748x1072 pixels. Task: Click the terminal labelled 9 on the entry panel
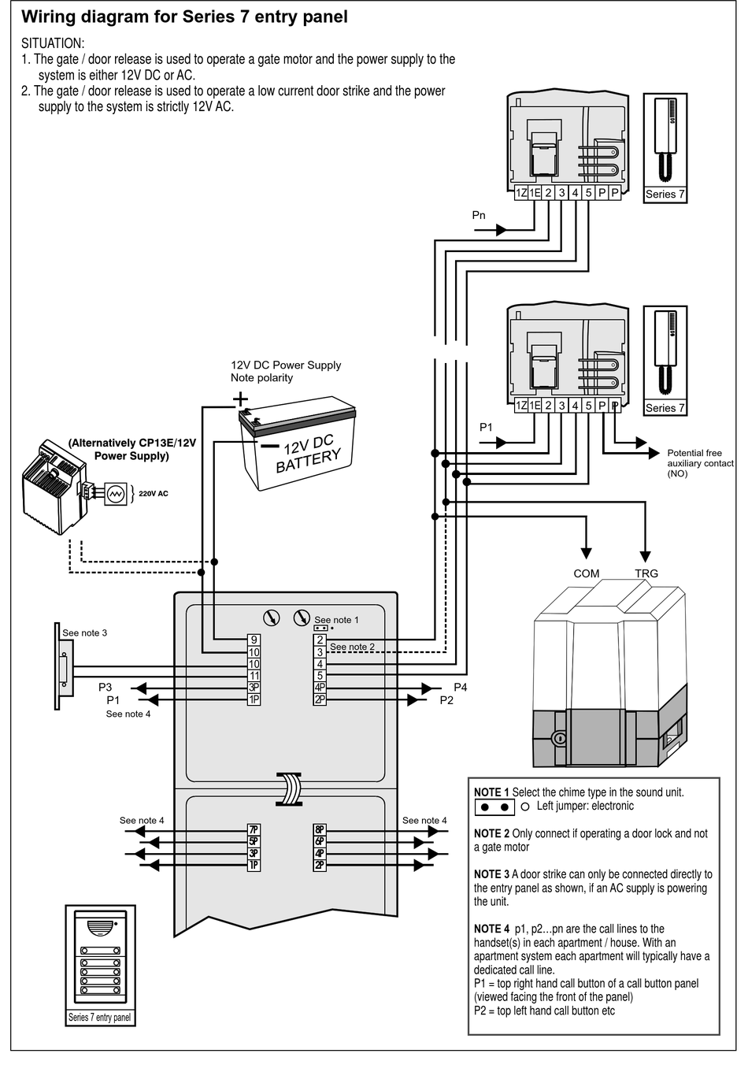click(x=254, y=640)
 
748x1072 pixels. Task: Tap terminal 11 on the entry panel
click(x=254, y=676)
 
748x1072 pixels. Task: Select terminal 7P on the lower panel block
click(x=254, y=829)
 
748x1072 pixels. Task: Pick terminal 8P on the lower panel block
click(x=320, y=829)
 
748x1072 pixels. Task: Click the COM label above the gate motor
click(x=586, y=573)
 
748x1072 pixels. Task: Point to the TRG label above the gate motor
click(x=646, y=573)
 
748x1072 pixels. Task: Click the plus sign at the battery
click(x=240, y=399)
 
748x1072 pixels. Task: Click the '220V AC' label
click(x=154, y=493)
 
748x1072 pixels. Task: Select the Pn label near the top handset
click(x=478, y=215)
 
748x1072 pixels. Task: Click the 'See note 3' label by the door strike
click(x=85, y=632)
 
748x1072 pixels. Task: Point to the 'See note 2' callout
click(x=352, y=647)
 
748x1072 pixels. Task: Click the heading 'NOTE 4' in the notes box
click(x=491, y=929)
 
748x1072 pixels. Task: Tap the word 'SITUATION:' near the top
click(x=53, y=43)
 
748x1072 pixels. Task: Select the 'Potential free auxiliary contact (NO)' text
click(x=700, y=463)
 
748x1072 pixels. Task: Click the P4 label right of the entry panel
click(x=460, y=687)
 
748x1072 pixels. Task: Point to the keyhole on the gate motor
click(x=559, y=738)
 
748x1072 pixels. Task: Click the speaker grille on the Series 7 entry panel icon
click(x=100, y=928)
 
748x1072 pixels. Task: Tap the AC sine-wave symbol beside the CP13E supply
click(x=115, y=494)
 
